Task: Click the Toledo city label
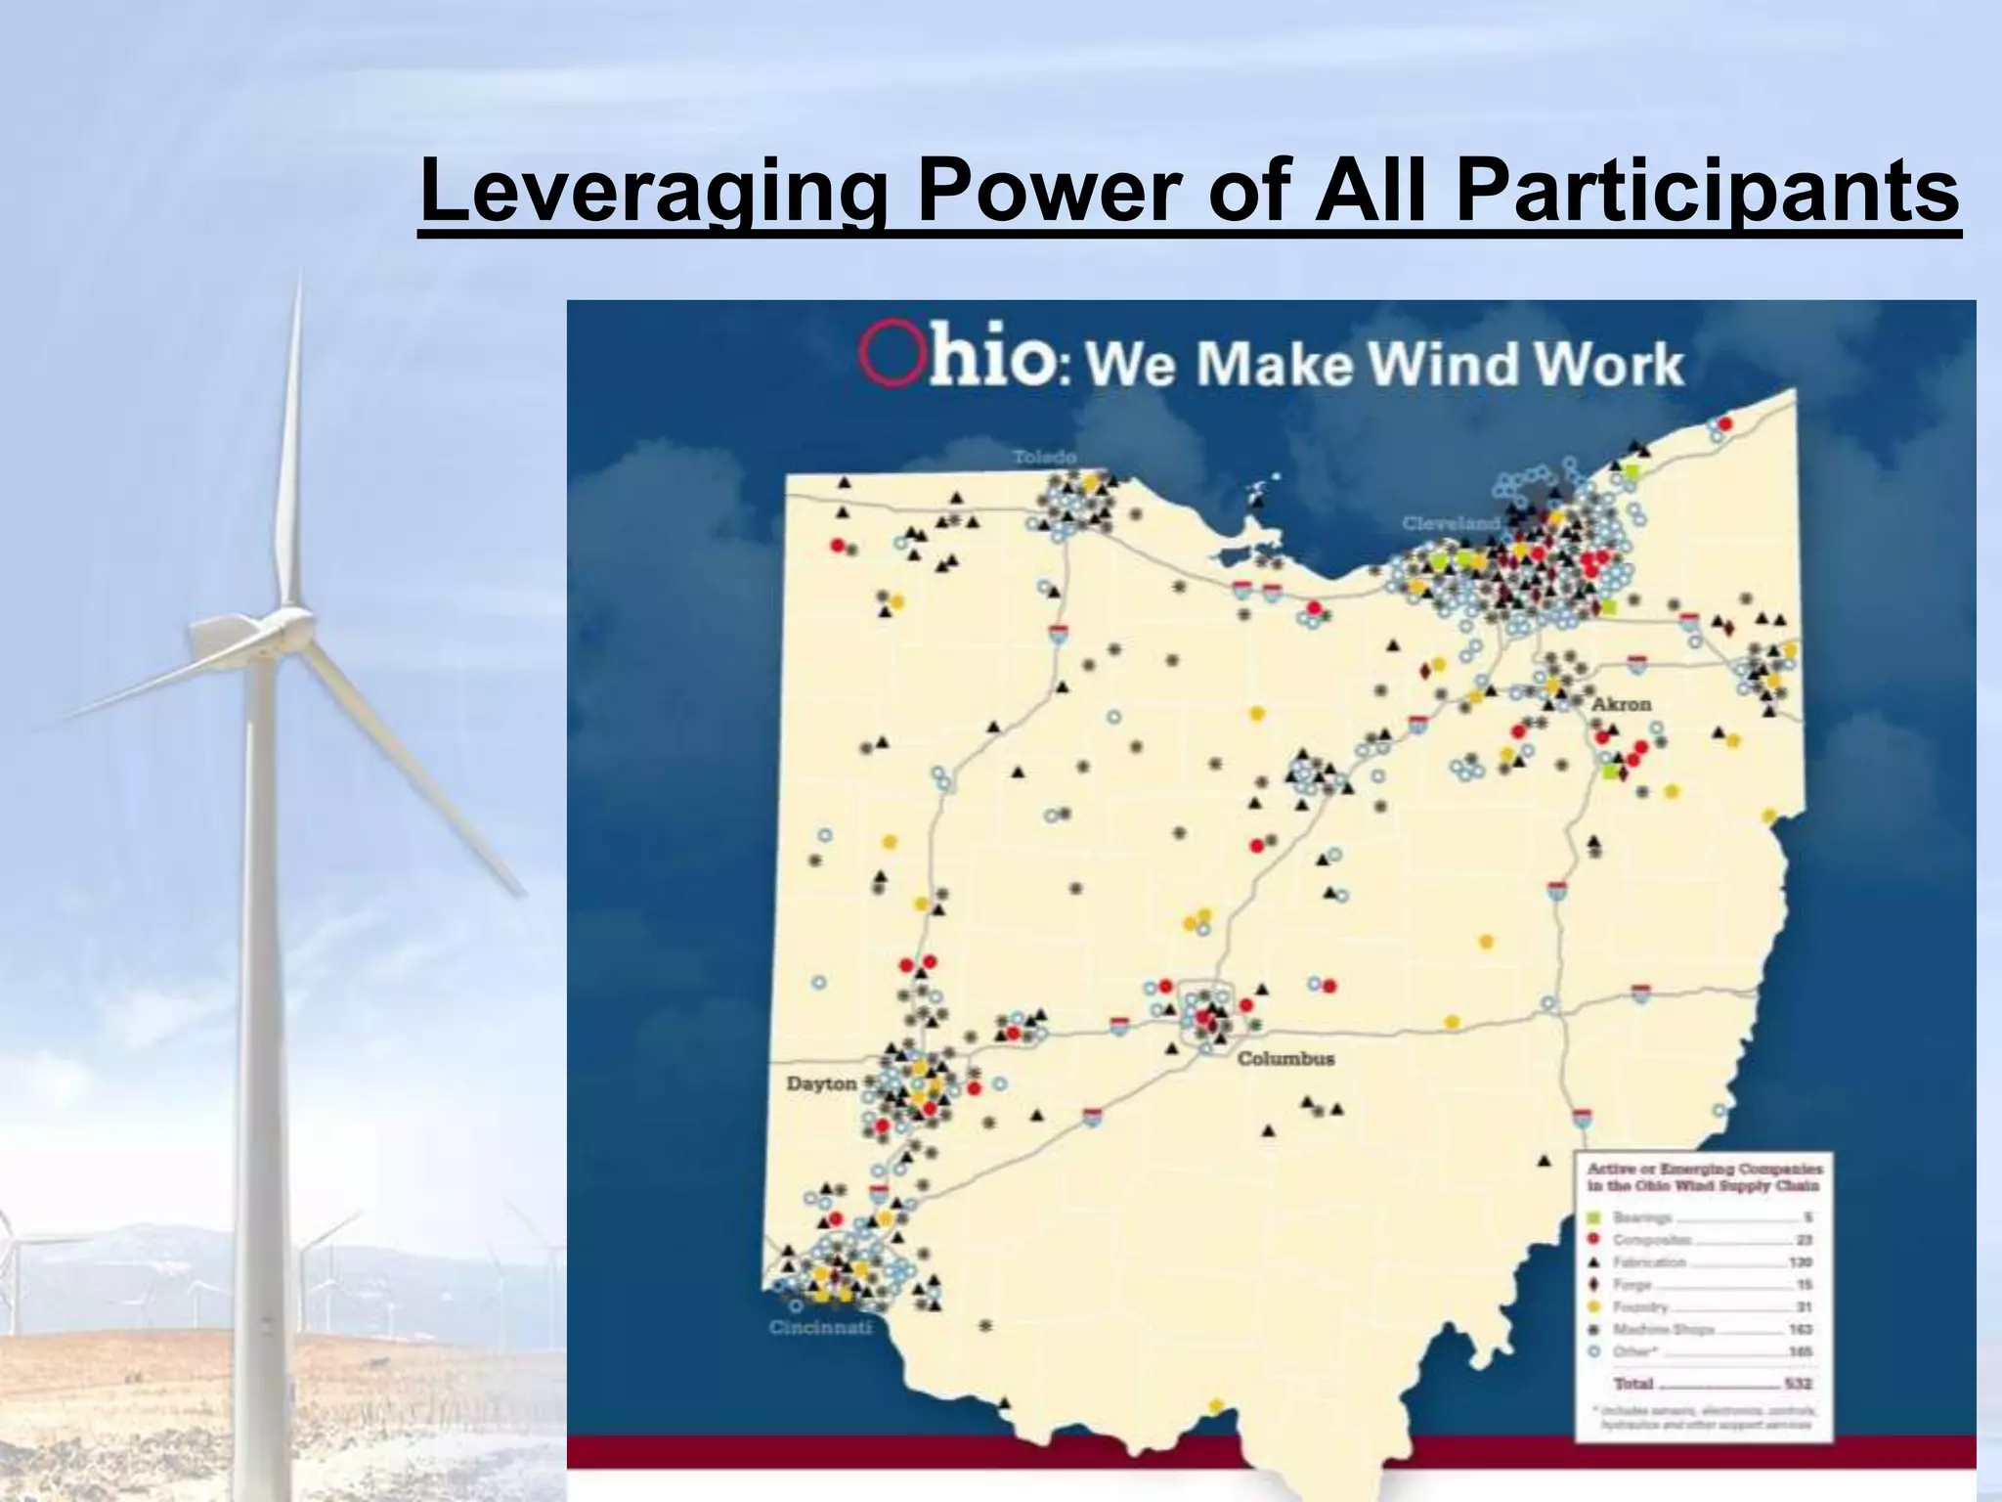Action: (1044, 457)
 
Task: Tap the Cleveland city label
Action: (1450, 523)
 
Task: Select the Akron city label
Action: (1622, 704)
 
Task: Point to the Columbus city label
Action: (1285, 1059)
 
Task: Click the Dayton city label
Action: (821, 1083)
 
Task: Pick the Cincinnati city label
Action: (820, 1328)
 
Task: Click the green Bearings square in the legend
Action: (1594, 1217)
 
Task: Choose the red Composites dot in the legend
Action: (1594, 1240)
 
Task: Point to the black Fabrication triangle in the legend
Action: (1594, 1262)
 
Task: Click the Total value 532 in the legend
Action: (1798, 1384)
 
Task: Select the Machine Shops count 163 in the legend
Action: (1800, 1330)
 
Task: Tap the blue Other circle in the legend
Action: (1594, 1351)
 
